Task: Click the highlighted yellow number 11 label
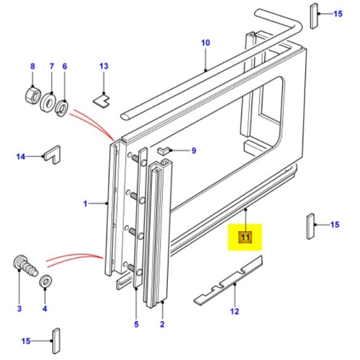(245, 237)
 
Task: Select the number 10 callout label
(204, 43)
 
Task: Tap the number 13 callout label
(104, 67)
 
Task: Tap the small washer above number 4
(45, 280)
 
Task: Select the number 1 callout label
(85, 204)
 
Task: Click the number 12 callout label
(234, 312)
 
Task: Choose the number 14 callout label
(20, 156)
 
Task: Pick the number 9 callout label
(193, 150)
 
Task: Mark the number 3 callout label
(19, 309)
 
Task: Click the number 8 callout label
(32, 67)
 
